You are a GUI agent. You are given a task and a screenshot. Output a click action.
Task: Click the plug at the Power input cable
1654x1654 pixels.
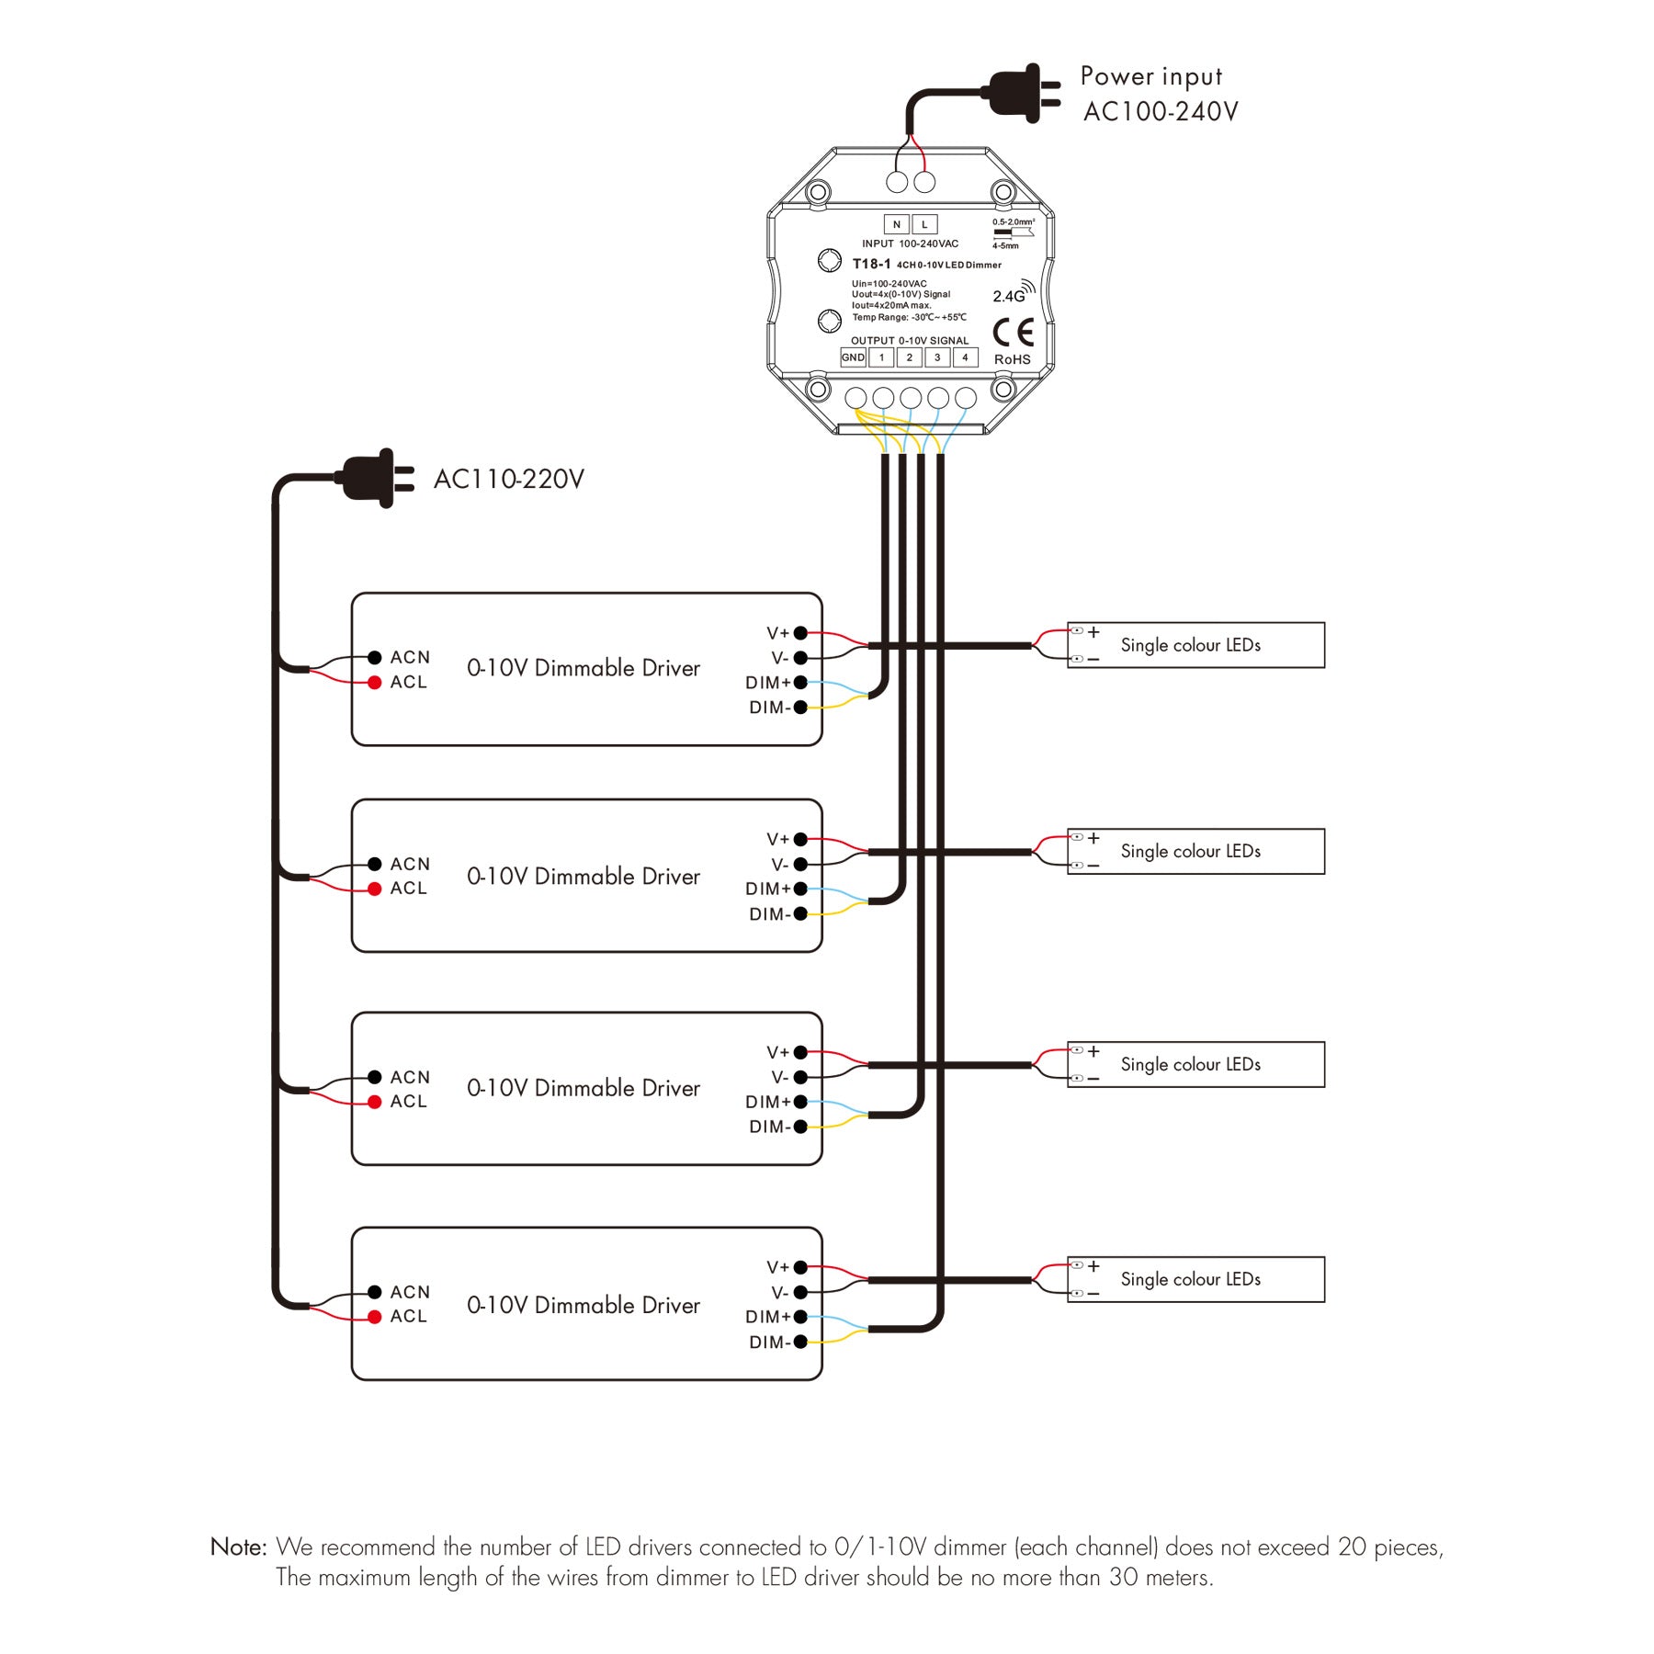tap(1022, 92)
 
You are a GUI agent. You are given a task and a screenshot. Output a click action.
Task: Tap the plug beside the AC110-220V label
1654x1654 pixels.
tap(377, 478)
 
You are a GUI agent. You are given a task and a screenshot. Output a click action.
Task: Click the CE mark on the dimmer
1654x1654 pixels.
tap(1014, 332)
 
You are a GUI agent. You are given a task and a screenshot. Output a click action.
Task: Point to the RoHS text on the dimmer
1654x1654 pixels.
tap(1013, 359)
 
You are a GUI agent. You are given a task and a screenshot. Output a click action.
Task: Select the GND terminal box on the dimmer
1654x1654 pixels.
tap(853, 357)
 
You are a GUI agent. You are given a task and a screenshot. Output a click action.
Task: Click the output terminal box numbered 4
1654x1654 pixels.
tap(965, 357)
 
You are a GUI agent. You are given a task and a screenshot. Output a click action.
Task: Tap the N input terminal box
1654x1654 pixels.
tap(897, 224)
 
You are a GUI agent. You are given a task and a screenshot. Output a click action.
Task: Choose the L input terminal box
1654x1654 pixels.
tap(924, 224)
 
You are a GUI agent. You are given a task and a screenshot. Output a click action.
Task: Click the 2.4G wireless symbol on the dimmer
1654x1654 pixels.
tap(1014, 292)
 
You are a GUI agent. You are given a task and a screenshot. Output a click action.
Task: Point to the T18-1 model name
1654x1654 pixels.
tap(871, 264)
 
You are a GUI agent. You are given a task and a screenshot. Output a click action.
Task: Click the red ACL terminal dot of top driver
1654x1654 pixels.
tap(375, 683)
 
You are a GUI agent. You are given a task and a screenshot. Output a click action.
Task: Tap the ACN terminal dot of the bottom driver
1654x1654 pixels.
tap(375, 1292)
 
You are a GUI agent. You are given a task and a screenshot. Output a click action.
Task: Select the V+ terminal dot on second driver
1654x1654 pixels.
tap(800, 839)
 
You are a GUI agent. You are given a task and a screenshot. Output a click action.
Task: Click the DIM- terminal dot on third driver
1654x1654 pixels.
tap(800, 1127)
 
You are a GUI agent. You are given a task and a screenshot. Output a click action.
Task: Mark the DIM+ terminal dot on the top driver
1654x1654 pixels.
tap(800, 683)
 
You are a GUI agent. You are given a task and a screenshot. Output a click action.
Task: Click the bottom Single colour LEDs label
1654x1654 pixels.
tap(1190, 1279)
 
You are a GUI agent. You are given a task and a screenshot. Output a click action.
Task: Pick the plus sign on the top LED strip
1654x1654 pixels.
tap(1093, 632)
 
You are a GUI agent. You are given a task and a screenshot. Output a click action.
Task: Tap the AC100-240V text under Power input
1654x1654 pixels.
tap(1161, 111)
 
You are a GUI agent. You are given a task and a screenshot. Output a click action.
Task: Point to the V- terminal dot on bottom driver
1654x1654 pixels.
tap(800, 1292)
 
